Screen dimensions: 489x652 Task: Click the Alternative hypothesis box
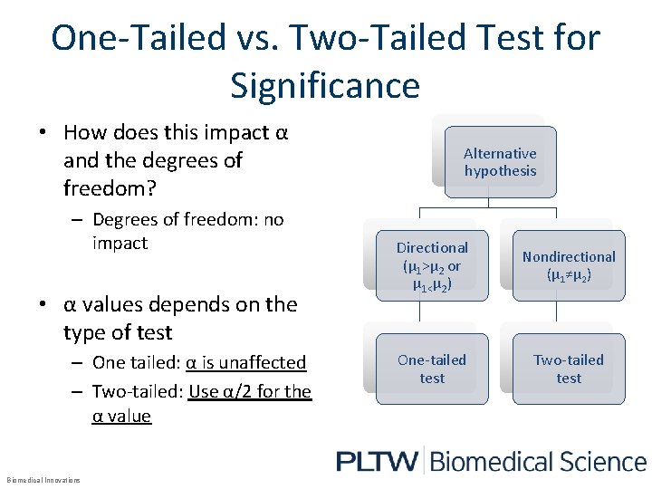[x=500, y=162]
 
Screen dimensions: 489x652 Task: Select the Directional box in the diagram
[x=432, y=265]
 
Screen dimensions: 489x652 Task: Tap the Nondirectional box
[x=569, y=265]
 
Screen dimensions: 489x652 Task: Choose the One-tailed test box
[x=432, y=369]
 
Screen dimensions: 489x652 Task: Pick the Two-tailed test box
[x=569, y=369]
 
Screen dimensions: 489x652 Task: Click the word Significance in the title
[x=325, y=85]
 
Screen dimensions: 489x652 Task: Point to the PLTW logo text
[x=377, y=462]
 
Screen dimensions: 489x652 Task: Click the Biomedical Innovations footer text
[x=43, y=480]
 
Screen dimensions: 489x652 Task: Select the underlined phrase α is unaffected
[x=246, y=362]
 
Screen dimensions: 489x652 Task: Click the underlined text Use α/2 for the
[x=250, y=391]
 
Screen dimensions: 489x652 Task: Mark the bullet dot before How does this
[x=43, y=133]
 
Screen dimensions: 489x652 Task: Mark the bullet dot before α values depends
[x=43, y=304]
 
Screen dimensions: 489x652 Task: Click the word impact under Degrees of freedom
[x=120, y=243]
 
